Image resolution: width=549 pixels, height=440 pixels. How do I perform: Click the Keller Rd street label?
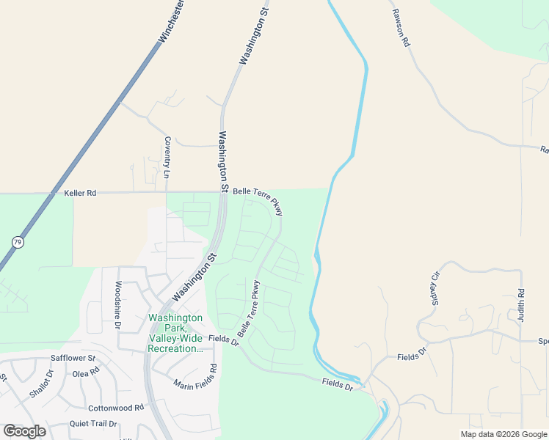pos(80,194)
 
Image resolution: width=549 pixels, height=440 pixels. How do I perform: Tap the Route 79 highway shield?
pos(16,241)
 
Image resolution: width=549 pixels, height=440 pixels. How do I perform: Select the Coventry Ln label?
pos(167,158)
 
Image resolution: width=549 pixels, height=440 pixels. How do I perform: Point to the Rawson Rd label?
pos(400,29)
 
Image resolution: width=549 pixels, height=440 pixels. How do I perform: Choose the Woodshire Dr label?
pos(117,304)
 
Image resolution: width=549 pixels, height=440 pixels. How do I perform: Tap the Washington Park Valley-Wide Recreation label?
pos(175,333)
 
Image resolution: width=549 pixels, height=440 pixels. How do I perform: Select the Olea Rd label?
pos(85,373)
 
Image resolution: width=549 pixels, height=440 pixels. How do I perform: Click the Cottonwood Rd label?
pos(114,408)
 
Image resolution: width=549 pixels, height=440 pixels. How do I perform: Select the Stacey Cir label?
pos(433,289)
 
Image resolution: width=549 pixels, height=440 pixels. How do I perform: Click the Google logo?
pos(24,431)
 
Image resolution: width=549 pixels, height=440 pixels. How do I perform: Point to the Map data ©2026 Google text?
pos(503,434)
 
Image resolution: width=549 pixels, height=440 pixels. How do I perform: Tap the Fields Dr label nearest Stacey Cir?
pos(412,356)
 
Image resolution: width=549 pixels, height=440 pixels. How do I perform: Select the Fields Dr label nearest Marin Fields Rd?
pos(224,340)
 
